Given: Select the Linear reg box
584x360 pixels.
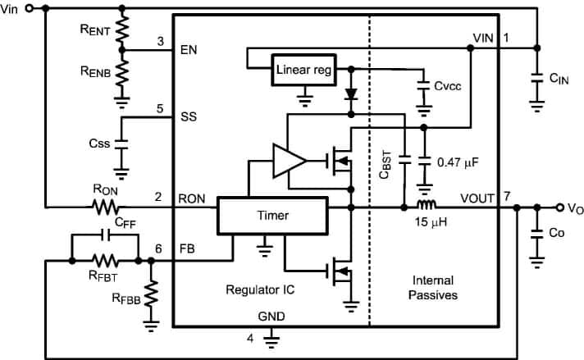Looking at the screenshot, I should coord(303,70).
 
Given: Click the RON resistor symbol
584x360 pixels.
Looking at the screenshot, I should coord(106,207).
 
